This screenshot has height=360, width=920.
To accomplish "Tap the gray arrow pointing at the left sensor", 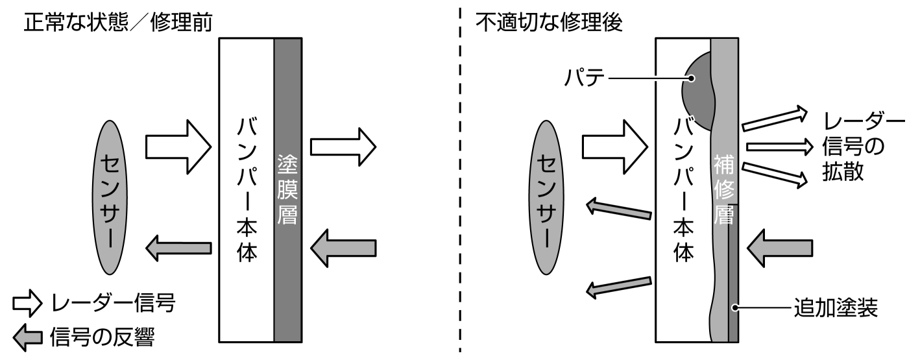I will pos(178,247).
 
